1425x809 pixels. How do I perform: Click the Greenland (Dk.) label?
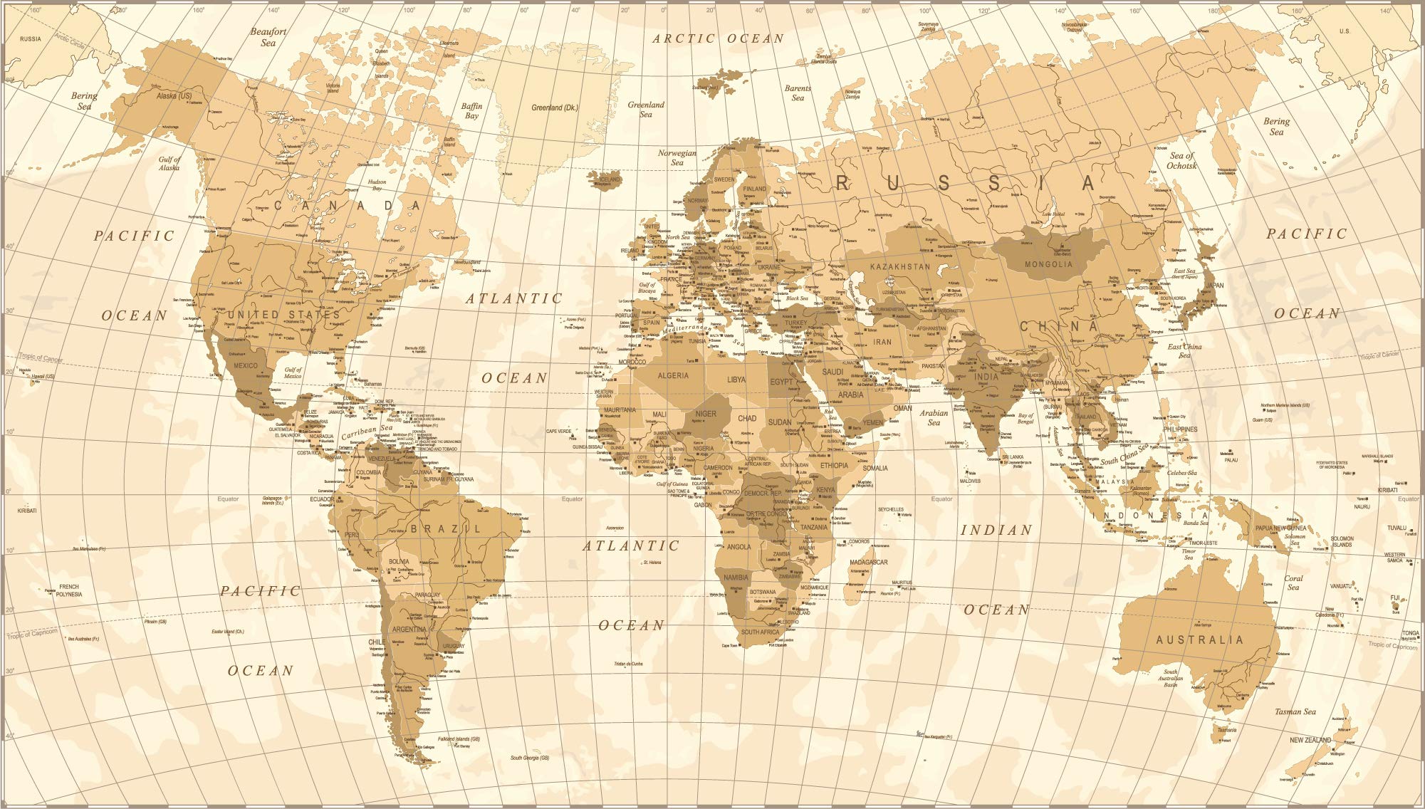pyautogui.click(x=555, y=108)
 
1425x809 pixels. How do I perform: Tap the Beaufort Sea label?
pyautogui.click(x=268, y=37)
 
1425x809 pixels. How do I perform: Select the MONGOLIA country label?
pyautogui.click(x=1048, y=264)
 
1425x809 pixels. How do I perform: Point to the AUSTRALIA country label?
pyautogui.click(x=1199, y=640)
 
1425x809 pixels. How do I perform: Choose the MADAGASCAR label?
pyautogui.click(x=868, y=562)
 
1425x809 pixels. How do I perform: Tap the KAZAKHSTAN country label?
pyautogui.click(x=899, y=266)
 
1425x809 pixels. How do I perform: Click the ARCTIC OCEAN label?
pyautogui.click(x=719, y=38)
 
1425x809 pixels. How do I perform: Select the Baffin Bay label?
pyautogui.click(x=471, y=110)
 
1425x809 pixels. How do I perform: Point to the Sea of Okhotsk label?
pyautogui.click(x=1181, y=161)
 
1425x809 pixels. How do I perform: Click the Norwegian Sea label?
pyautogui.click(x=677, y=157)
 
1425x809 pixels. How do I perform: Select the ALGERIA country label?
pyautogui.click(x=673, y=375)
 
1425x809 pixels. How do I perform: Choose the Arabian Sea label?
pyautogui.click(x=934, y=417)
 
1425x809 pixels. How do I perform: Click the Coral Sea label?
pyautogui.click(x=1293, y=583)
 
